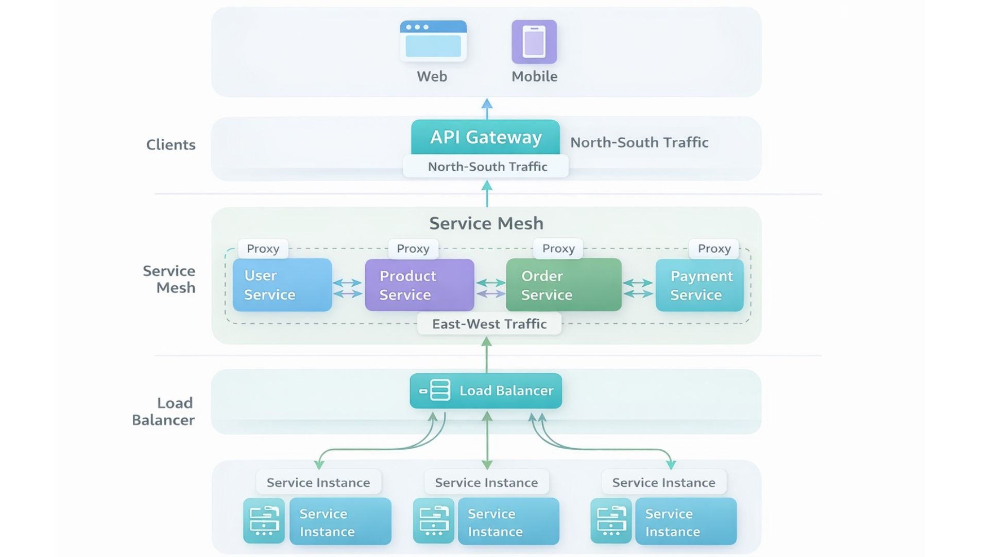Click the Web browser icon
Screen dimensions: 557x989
[433, 41]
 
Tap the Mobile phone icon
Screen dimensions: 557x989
[534, 42]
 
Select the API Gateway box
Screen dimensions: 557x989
[485, 137]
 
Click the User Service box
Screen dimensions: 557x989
[282, 285]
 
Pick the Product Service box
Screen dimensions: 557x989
[419, 285]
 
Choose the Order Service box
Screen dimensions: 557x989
[564, 285]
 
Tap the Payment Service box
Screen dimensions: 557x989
[699, 285]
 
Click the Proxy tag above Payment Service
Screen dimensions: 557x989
[714, 249]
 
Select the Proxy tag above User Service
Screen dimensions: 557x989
[263, 249]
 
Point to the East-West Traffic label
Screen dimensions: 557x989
[489, 324]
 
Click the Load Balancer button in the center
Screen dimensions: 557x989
[486, 391]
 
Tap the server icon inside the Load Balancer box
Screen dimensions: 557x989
[439, 390]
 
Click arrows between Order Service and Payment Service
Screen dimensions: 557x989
[638, 288]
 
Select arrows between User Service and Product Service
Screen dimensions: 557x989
[348, 288]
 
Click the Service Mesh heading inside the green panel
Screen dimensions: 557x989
[486, 223]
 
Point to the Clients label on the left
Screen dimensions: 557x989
[170, 145]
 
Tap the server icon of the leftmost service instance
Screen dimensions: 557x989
[264, 521]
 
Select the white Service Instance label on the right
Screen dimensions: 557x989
[663, 483]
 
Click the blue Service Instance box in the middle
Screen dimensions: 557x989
[508, 522]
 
